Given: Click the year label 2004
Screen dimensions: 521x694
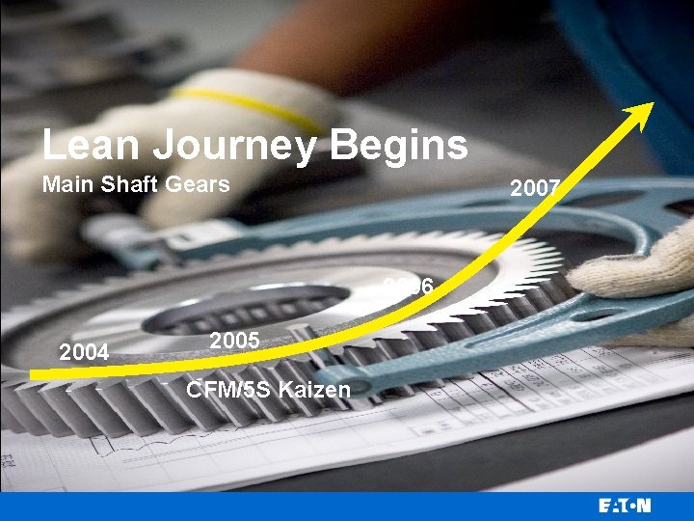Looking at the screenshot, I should [x=84, y=353].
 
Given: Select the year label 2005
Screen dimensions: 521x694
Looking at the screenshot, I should [x=234, y=341].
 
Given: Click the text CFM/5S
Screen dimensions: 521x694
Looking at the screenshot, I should [x=228, y=390].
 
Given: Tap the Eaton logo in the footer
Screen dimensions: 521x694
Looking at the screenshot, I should [x=624, y=506].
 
